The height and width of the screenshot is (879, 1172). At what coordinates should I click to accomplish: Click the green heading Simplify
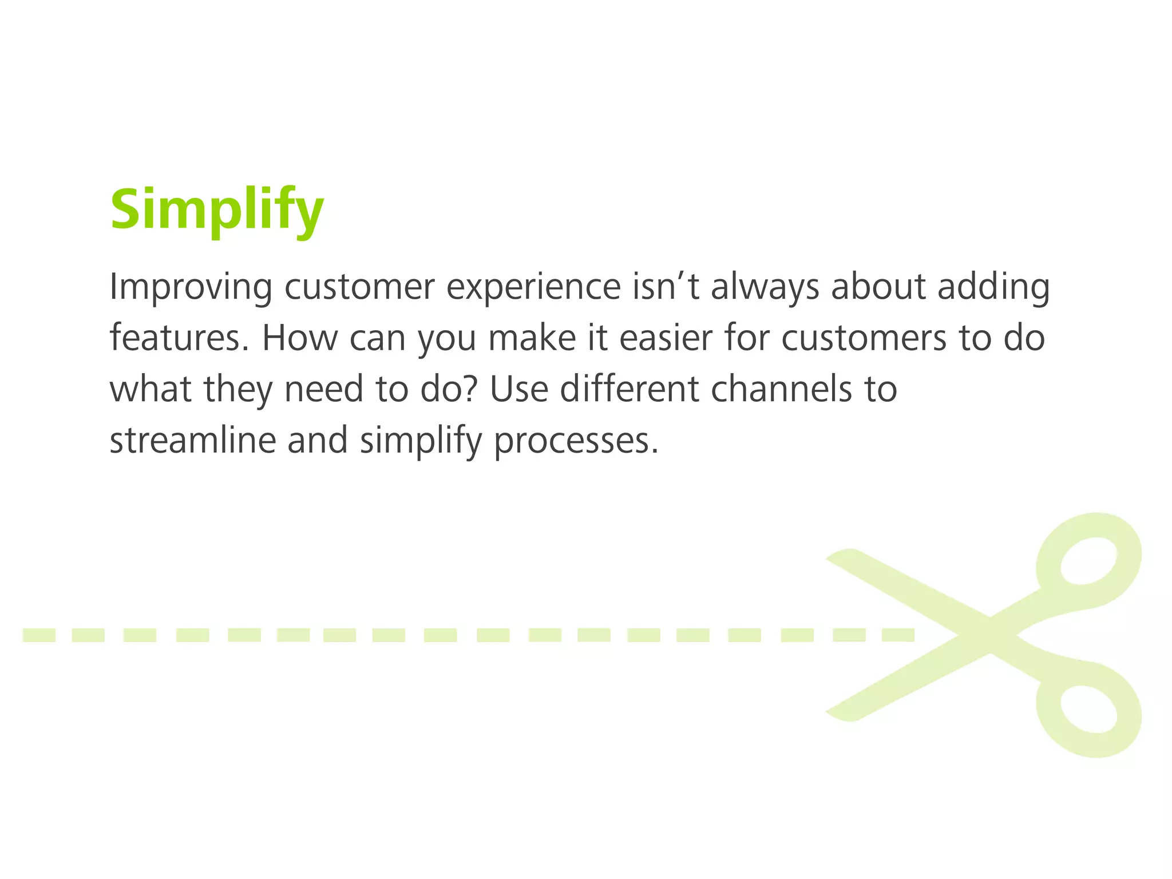point(217,210)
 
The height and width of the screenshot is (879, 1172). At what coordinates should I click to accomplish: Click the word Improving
point(191,287)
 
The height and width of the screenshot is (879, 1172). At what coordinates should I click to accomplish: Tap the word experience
point(533,287)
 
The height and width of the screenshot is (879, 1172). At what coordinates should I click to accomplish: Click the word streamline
point(192,441)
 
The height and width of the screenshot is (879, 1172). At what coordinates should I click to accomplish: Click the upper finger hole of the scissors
point(1088,561)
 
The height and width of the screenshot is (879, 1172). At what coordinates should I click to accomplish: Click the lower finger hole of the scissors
point(1088,708)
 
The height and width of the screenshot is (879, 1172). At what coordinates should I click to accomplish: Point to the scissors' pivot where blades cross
point(989,635)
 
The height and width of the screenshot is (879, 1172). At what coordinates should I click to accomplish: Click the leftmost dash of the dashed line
point(39,635)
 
